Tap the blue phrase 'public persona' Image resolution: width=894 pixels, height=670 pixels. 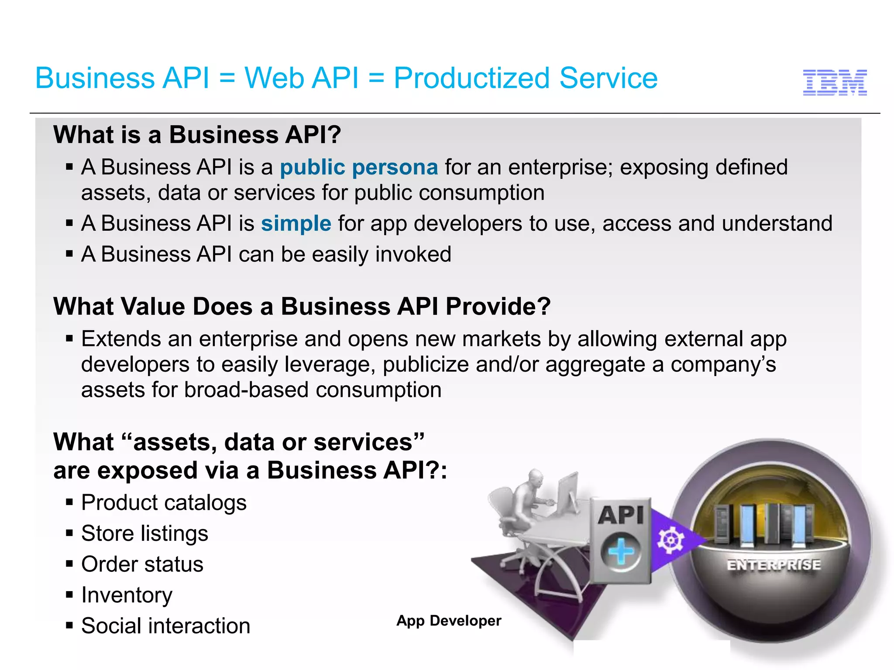click(358, 167)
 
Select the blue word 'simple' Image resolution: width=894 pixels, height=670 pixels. click(296, 224)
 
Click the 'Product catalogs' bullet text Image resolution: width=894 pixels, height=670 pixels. click(164, 502)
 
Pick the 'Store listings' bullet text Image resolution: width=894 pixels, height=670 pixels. click(144, 533)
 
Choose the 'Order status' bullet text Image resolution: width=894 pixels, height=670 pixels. click(142, 564)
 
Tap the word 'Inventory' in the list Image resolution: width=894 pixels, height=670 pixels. click(127, 595)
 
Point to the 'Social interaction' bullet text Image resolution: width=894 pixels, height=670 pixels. click(165, 626)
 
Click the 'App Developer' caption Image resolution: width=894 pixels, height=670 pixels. click(449, 621)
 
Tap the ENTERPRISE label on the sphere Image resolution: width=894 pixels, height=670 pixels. click(774, 565)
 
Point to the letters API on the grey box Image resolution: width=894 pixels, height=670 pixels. click(621, 515)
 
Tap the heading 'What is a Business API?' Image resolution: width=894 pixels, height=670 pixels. click(197, 135)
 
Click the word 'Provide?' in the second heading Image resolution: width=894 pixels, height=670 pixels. click(498, 307)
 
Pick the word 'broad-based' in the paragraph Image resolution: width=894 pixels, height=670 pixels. click(246, 390)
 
